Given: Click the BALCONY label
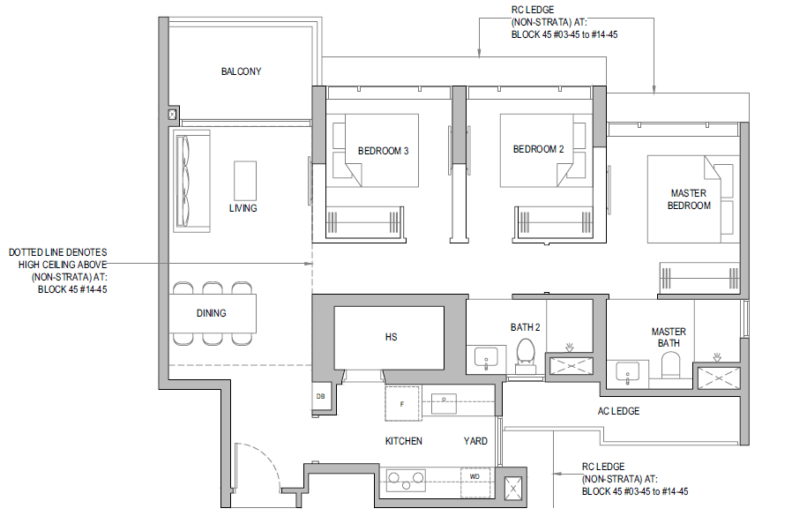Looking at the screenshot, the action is [241, 71].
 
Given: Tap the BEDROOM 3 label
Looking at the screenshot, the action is [383, 151].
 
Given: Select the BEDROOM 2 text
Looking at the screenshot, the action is [538, 150].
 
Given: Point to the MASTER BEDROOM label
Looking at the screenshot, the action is [689, 199].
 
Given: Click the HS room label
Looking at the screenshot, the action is [391, 337].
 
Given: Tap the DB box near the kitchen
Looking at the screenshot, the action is [320, 397].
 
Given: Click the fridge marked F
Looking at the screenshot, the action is [402, 403].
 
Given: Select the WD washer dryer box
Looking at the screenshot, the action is [475, 482].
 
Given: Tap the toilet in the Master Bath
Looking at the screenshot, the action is [671, 365].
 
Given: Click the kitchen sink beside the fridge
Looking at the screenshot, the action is [444, 404].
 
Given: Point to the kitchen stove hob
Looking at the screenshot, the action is [406, 480].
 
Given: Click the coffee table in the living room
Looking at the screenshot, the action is [245, 181].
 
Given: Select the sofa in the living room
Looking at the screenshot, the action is [191, 181].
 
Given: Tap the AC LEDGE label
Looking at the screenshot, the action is [618, 411].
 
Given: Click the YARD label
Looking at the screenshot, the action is [475, 441].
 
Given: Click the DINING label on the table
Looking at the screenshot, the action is [211, 313].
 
